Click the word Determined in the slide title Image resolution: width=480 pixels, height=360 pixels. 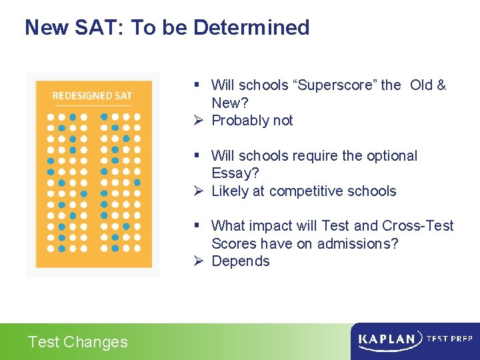[251, 27]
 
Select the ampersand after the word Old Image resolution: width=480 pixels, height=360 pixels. [441, 85]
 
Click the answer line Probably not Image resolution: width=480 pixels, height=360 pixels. [252, 120]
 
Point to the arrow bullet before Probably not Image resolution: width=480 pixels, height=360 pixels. [197, 120]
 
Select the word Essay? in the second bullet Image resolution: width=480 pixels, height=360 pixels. [235, 173]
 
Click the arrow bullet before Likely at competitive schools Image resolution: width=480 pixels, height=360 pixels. [197, 191]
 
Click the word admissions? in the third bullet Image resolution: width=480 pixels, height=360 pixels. [357, 243]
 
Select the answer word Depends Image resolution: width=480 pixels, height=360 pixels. [241, 261]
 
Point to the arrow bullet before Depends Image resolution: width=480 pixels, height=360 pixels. [197, 261]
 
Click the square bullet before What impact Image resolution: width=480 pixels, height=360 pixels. [197, 226]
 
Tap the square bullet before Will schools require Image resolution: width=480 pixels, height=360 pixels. [197, 156]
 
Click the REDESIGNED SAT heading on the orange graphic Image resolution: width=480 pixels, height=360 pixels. [92, 96]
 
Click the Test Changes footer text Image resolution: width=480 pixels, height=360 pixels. [77, 342]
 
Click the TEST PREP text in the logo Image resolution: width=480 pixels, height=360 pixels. [449, 339]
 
